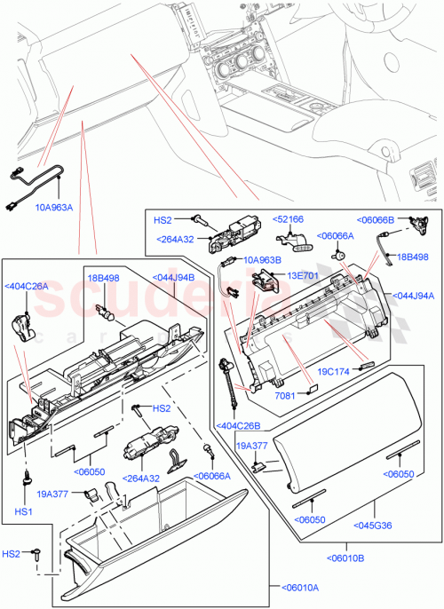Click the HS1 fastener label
[x=24, y=513]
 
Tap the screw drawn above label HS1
[x=28, y=480]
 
